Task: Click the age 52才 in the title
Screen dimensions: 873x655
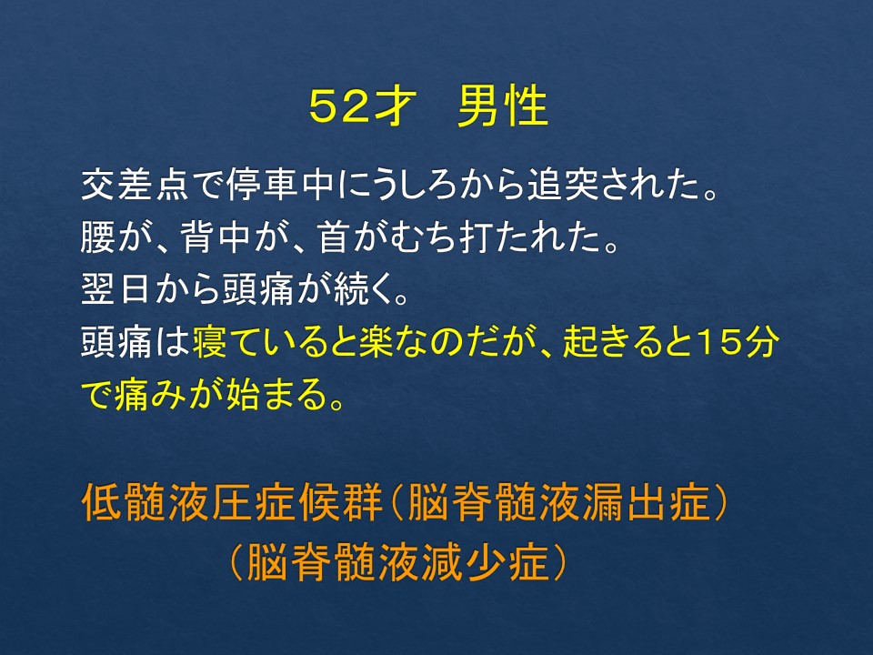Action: (362, 106)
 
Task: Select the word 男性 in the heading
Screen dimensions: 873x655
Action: (503, 106)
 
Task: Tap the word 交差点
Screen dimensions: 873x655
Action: (135, 185)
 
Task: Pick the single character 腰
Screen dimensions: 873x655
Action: (98, 237)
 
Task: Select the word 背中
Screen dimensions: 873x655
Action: (215, 237)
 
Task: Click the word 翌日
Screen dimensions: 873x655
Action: (115, 289)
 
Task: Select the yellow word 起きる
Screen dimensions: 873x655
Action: (614, 341)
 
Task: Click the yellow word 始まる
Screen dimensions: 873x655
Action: (276, 394)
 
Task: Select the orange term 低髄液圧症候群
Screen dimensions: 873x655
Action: (232, 502)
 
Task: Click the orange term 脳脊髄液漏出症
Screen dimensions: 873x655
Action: (559, 502)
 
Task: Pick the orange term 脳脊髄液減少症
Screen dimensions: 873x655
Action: (397, 562)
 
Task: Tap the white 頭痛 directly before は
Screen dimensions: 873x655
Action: (115, 341)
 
